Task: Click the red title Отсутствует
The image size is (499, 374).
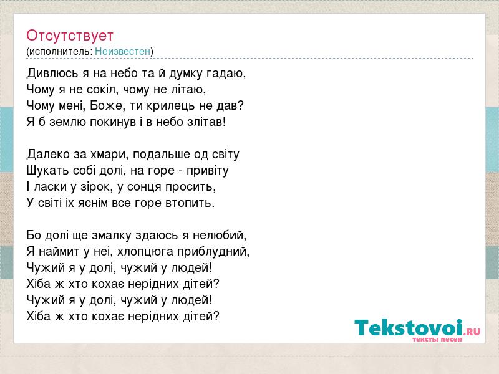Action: [70, 36]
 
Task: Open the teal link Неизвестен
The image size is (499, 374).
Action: [122, 51]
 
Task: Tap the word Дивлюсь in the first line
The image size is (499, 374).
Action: [52, 74]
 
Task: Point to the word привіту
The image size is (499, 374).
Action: [208, 171]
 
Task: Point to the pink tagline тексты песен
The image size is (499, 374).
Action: [437, 339]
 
